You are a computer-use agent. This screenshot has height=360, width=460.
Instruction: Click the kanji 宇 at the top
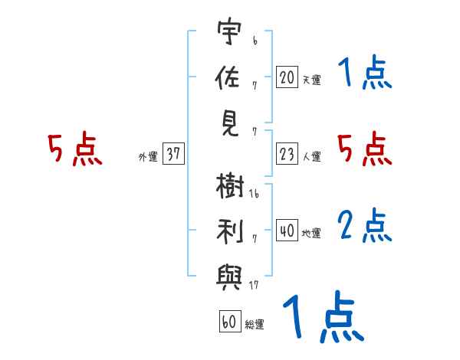click(229, 31)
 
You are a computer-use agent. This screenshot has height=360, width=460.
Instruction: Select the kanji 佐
click(228, 77)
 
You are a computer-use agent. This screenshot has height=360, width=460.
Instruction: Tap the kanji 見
click(230, 124)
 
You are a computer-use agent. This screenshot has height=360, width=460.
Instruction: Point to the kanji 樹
click(230, 186)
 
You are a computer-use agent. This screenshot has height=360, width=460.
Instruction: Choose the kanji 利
click(230, 231)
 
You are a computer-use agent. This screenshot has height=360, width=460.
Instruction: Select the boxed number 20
click(287, 77)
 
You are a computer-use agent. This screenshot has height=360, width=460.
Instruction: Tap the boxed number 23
click(287, 153)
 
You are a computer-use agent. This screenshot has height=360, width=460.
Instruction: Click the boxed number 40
click(287, 230)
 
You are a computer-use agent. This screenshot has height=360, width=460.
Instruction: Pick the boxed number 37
click(173, 153)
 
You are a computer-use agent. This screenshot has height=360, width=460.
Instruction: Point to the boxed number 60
click(230, 321)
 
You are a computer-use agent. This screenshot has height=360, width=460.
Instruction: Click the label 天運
click(311, 80)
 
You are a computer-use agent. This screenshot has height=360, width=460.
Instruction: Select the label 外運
click(148, 156)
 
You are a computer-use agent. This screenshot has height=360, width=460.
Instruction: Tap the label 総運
click(255, 324)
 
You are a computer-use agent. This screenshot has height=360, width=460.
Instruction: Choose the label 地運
click(311, 233)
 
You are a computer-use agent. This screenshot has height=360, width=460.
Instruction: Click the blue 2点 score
click(365, 225)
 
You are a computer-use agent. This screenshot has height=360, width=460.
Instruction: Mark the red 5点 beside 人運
click(365, 149)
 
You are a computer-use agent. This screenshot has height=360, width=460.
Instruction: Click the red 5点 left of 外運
click(75, 149)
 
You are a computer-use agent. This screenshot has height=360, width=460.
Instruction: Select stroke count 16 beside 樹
click(254, 194)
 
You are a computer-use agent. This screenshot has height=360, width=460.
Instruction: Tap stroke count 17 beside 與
click(254, 285)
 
